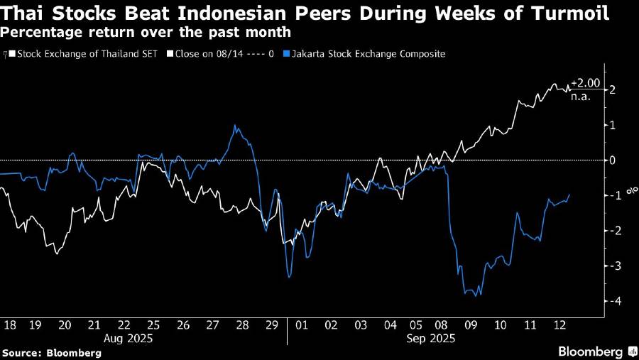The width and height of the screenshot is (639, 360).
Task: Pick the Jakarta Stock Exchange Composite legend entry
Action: [x=363, y=53]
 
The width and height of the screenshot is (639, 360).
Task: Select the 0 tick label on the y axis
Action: [x=611, y=160]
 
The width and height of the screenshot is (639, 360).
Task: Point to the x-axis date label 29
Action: [x=271, y=324]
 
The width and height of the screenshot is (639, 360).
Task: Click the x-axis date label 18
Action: [x=9, y=324]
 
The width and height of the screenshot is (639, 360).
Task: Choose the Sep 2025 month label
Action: [x=431, y=339]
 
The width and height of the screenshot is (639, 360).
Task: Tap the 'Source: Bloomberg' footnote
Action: [x=51, y=352]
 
